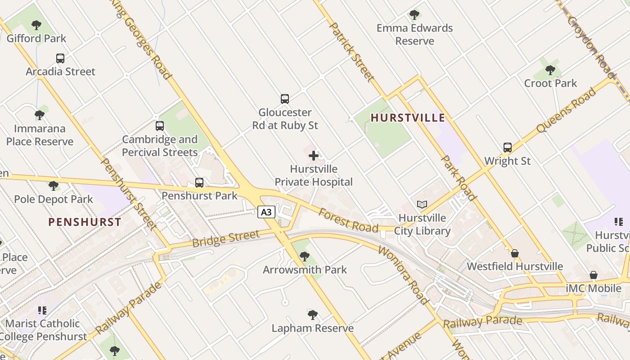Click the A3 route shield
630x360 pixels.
[266, 212]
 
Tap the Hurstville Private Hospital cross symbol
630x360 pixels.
[314, 156]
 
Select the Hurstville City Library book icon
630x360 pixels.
[422, 205]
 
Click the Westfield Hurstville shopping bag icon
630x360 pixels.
[515, 253]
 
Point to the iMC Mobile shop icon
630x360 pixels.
[594, 275]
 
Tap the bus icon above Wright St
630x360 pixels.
[508, 148]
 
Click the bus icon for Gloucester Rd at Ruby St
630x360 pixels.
[285, 99]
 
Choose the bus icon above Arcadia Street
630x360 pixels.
[60, 58]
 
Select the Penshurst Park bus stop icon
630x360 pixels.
[199, 183]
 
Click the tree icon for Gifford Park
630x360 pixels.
[36, 25]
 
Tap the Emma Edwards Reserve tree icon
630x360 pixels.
[414, 15]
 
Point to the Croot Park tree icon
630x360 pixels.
[550, 70]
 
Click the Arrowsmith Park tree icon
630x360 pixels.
[305, 256]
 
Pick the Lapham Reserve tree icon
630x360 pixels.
[313, 315]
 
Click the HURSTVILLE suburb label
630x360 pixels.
[408, 118]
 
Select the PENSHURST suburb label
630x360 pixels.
[85, 222]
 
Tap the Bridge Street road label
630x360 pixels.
[226, 238]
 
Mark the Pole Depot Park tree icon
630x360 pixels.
[54, 186]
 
